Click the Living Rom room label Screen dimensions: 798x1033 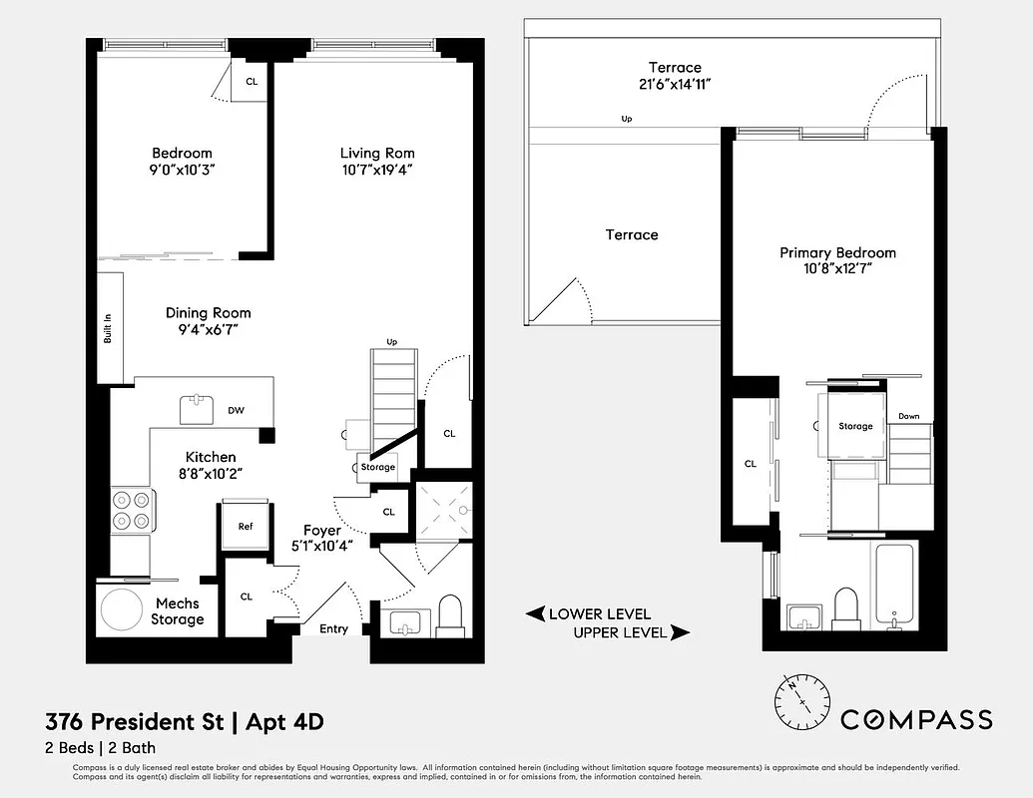377,153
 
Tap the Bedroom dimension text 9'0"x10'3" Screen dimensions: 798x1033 182,170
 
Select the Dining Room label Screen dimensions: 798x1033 209,312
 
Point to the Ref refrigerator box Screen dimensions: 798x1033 245,527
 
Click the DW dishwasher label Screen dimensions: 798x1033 237,410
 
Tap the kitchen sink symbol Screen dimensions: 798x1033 196,409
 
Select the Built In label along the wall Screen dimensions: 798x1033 108,330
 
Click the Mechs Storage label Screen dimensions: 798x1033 178,611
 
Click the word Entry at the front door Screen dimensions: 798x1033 333,628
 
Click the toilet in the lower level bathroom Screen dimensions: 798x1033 451,614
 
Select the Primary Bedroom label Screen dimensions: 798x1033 837,253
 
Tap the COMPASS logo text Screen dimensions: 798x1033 916,719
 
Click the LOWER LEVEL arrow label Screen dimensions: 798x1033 588,613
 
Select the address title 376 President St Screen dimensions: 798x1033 135,721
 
